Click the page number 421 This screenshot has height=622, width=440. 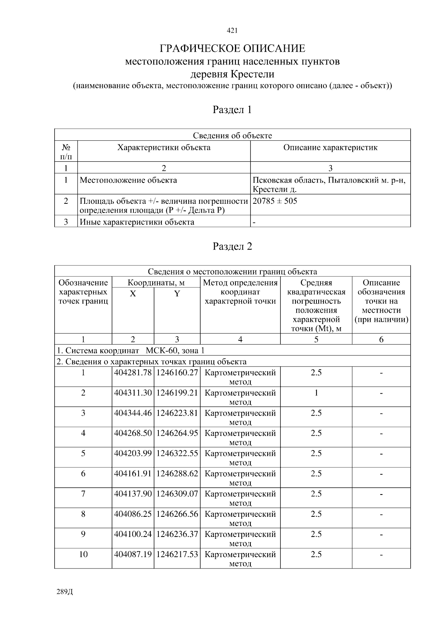(232, 31)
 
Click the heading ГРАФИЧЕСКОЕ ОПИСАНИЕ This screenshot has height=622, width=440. (232, 48)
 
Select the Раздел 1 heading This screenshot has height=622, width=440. (232, 110)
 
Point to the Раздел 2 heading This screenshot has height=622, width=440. (232, 246)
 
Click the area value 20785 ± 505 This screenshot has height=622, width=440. (275, 201)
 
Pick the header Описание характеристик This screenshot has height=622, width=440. (330, 148)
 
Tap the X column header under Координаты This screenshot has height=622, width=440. (133, 294)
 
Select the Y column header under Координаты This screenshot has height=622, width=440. (177, 294)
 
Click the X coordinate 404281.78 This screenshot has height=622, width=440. (133, 373)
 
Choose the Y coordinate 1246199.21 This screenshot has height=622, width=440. (177, 393)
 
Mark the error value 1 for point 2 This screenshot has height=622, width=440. (316, 393)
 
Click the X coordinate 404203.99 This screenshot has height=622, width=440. (133, 453)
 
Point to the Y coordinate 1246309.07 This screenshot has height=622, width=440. (177, 494)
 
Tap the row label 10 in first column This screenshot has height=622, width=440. (83, 554)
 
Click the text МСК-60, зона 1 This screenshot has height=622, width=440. (175, 350)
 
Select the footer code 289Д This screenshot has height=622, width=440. (65, 592)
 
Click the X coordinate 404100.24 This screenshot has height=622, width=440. (133, 534)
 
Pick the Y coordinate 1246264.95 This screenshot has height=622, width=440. (177, 433)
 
